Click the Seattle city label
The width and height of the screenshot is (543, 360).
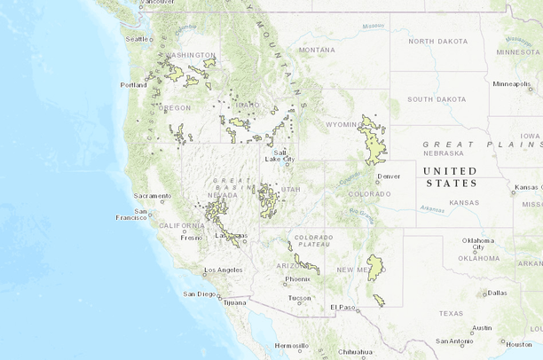point(138,39)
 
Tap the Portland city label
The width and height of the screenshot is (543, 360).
point(134,85)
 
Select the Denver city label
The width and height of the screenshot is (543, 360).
point(389,176)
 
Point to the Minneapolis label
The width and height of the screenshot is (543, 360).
point(510,84)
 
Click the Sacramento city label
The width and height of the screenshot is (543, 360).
point(152,195)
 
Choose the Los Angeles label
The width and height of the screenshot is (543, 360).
point(224,270)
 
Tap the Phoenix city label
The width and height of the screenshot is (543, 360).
point(298,279)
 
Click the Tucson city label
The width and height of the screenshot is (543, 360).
point(300,298)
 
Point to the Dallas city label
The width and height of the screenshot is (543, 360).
point(497,292)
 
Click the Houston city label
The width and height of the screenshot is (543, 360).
point(519,344)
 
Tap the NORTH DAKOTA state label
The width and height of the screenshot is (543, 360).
point(437,41)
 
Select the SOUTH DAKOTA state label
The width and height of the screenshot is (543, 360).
point(437,98)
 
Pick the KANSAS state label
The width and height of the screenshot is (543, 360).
point(464,203)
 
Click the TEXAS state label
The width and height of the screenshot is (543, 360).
point(450,313)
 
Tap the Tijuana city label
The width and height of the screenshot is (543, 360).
point(233,302)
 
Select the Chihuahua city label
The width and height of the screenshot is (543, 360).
point(354,351)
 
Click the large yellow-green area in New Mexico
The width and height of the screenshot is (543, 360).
point(375,265)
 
